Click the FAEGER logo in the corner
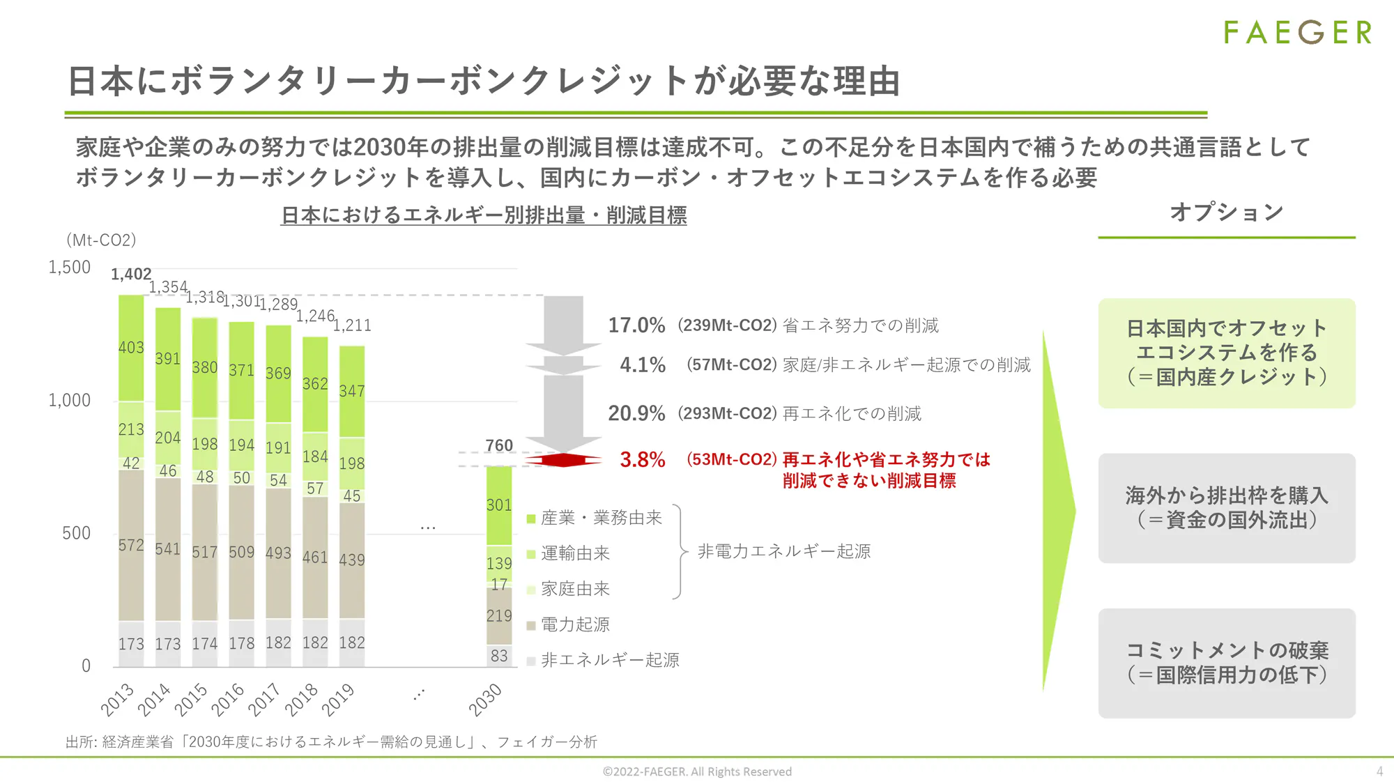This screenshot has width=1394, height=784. [1297, 33]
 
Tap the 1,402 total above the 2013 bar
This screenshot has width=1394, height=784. [131, 275]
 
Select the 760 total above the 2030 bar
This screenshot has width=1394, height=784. [499, 445]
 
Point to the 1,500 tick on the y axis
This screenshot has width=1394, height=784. [70, 268]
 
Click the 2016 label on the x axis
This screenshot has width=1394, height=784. [227, 700]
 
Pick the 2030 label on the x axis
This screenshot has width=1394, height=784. [485, 700]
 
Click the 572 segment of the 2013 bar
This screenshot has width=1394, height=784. [131, 545]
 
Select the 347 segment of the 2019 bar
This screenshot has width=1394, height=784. [352, 392]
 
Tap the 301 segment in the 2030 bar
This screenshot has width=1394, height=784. [499, 505]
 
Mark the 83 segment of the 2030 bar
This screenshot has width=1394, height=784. [499, 656]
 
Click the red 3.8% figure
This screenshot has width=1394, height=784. [643, 460]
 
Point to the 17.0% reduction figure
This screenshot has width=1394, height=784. [636, 325]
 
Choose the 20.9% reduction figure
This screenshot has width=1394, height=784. [636, 413]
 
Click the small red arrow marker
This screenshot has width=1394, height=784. [563, 460]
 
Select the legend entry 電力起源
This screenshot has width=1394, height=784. [575, 624]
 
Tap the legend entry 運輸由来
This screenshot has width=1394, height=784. [575, 553]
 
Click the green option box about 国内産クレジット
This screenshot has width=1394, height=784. [1227, 353]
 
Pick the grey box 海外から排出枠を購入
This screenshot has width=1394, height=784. [1227, 508]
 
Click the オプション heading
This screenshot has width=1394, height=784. [1227, 212]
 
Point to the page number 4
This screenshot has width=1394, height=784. [1379, 771]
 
